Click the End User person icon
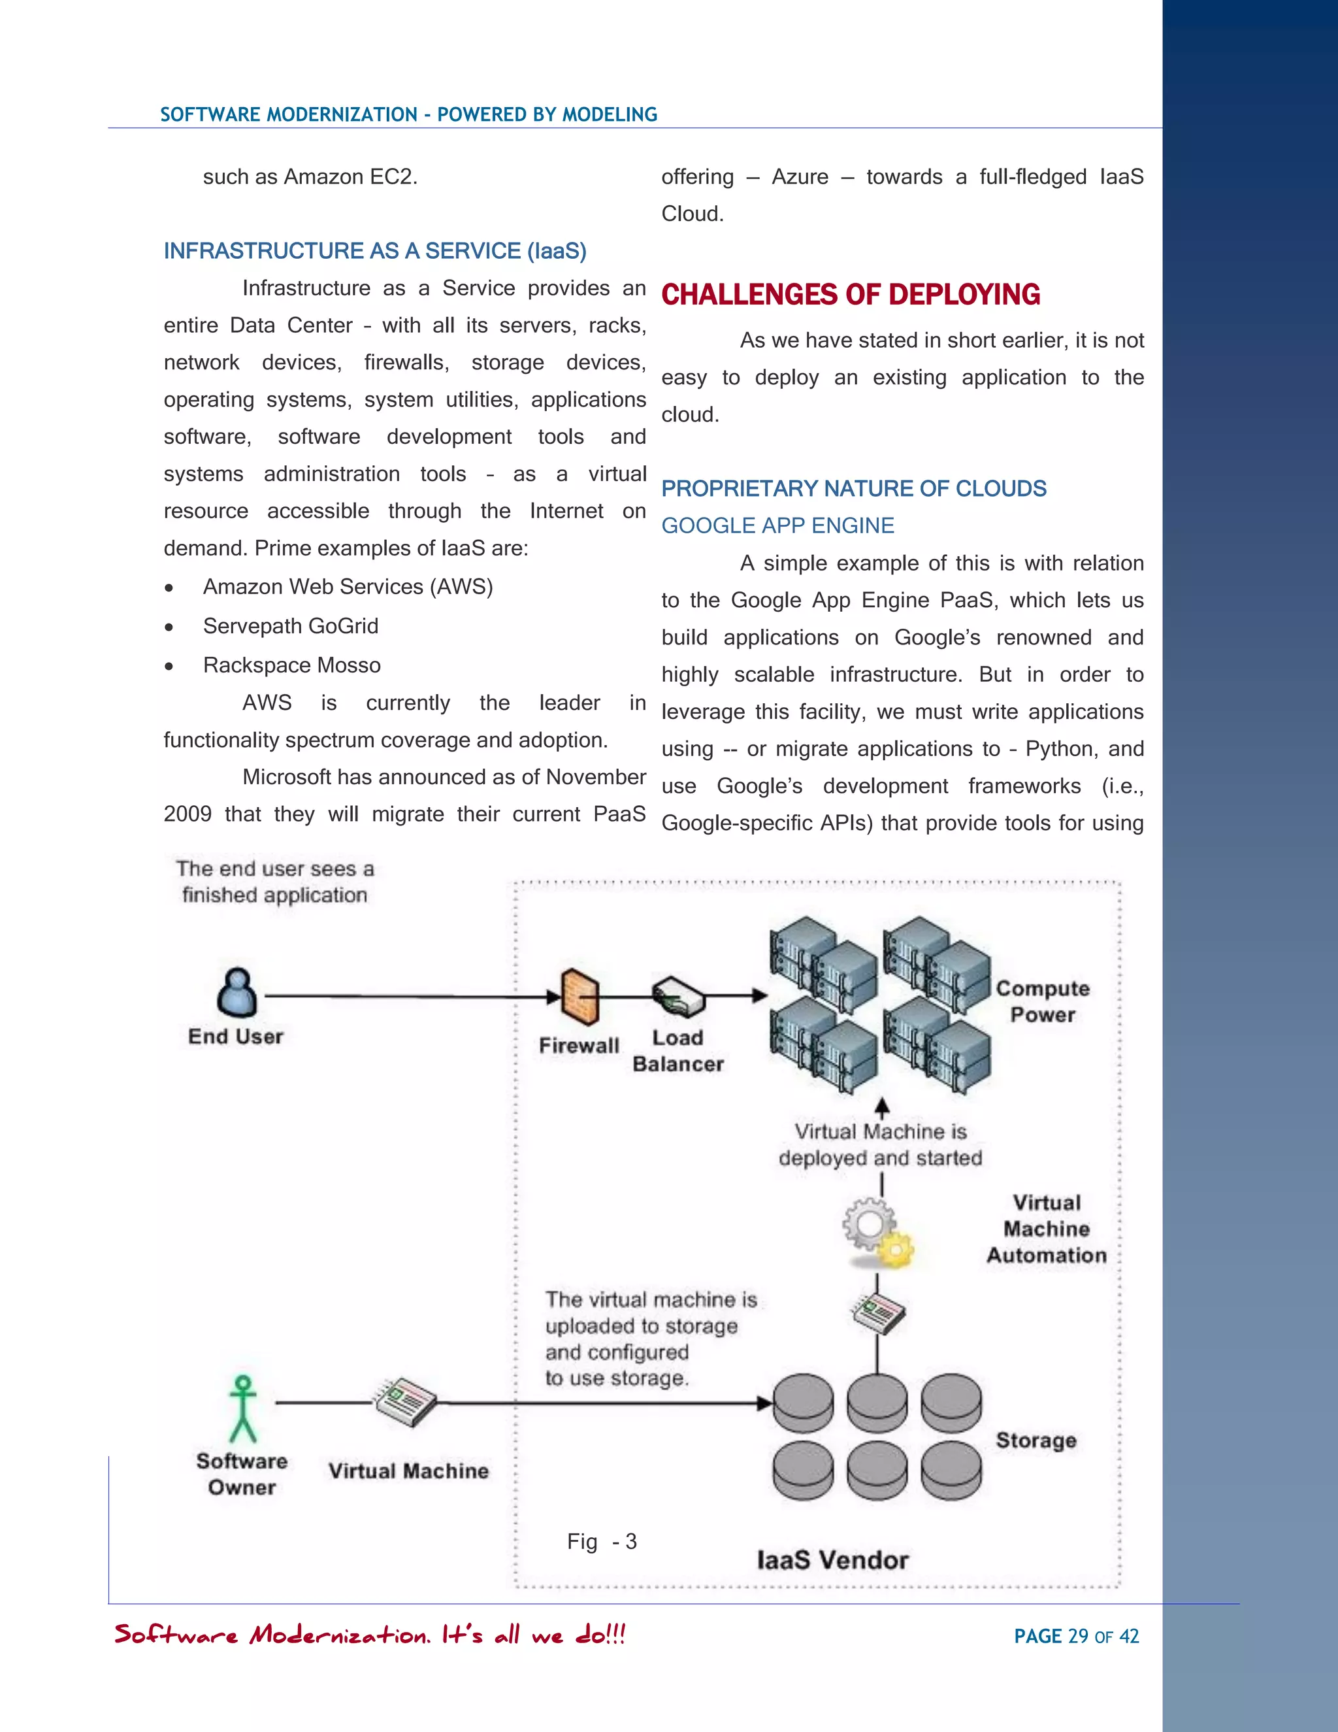click(237, 992)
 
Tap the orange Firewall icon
click(580, 996)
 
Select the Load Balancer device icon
click(677, 996)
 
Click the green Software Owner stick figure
click(243, 1408)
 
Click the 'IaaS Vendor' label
click(832, 1561)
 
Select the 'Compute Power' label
click(1042, 1001)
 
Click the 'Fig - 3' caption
click(602, 1542)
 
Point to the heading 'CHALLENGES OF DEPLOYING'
click(851, 295)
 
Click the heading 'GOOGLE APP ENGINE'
click(777, 525)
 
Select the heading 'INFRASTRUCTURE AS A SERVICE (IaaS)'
click(375, 252)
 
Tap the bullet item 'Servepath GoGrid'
click(290, 627)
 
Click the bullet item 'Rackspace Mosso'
click(291, 665)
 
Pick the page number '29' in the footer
click(1078, 1636)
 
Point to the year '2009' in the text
click(187, 814)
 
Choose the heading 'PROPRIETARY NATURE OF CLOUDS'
click(854, 488)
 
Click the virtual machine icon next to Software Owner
click(405, 1402)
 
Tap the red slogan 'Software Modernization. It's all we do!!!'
click(370, 1635)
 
